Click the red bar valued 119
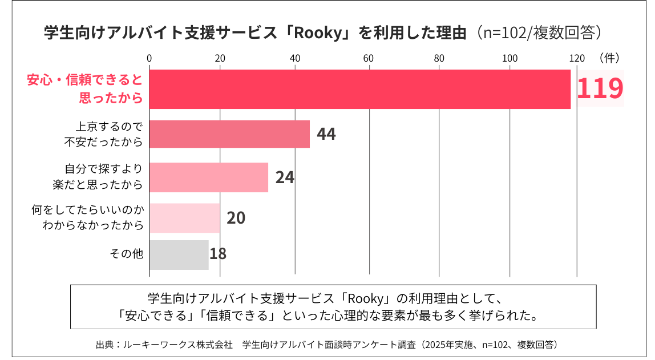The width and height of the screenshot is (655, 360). point(359,89)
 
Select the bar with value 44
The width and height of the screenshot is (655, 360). point(229,134)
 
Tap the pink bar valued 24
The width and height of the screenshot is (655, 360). point(209,177)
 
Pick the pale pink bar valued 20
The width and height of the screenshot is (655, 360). point(185,218)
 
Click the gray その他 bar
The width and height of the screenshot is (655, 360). point(179,254)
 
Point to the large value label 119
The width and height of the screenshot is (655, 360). point(600,88)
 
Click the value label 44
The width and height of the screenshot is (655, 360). point(326,134)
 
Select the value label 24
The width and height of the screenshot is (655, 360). point(285,177)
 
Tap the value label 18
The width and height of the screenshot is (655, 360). point(218,254)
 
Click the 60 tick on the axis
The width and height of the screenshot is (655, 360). point(369,58)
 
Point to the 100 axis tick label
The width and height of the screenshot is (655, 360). point(510,58)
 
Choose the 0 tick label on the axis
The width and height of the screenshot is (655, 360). point(149,58)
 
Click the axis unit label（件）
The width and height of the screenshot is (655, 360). point(609,58)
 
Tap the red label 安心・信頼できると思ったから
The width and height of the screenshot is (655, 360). point(84,88)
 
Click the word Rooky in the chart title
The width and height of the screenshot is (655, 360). point(316,32)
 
